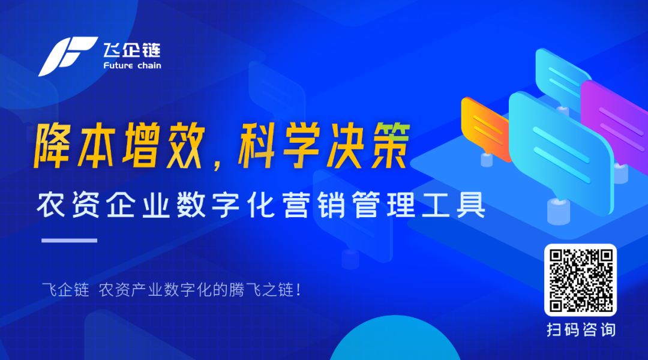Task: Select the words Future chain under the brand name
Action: pyautogui.click(x=132, y=65)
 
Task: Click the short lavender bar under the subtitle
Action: pyautogui.click(x=68, y=241)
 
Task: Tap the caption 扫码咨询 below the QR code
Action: pyautogui.click(x=580, y=329)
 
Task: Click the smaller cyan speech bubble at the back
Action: pyautogui.click(x=561, y=75)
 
